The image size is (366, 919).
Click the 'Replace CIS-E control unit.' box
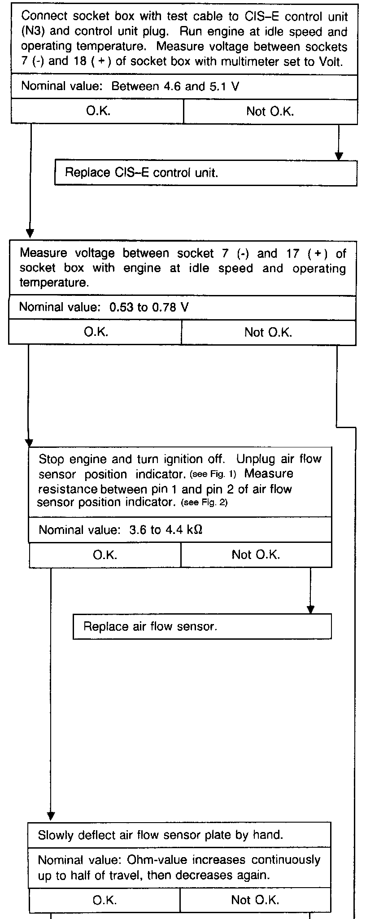(205, 173)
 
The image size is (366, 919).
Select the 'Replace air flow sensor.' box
(202, 626)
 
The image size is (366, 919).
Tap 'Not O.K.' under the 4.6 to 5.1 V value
(270, 111)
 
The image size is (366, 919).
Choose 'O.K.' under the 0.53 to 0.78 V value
(96, 332)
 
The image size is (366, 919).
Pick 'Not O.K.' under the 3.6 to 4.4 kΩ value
(256, 555)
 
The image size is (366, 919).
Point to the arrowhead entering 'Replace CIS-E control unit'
(339, 156)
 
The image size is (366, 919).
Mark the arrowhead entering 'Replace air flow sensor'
(310, 610)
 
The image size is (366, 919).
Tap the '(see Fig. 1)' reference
(213, 474)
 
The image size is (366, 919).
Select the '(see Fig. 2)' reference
(204, 503)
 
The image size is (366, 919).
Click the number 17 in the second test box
(293, 254)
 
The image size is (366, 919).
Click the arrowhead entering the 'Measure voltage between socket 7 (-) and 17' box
(30, 233)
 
